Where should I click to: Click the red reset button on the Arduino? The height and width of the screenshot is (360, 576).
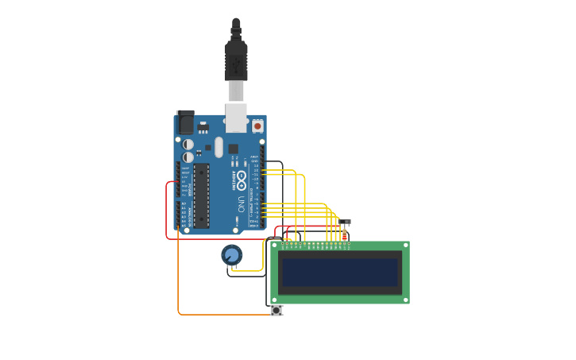[x=257, y=126]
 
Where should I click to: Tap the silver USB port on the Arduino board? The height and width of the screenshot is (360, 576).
[x=236, y=118]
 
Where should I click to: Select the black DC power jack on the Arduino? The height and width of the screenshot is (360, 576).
[x=185, y=122]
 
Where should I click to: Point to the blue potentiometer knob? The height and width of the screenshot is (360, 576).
[x=231, y=255]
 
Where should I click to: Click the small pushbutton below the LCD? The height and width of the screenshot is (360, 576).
[x=276, y=311]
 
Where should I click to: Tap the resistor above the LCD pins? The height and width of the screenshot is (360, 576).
[x=345, y=234]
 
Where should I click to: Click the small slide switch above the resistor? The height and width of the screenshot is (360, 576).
[x=345, y=222]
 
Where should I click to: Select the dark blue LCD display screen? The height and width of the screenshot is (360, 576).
[x=340, y=273]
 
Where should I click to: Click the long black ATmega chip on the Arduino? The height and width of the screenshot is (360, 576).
[x=202, y=195]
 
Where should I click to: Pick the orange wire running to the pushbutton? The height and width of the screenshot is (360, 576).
[x=222, y=315]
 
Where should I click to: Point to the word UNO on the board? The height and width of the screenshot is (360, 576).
[x=240, y=203]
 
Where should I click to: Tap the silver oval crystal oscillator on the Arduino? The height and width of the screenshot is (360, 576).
[x=218, y=147]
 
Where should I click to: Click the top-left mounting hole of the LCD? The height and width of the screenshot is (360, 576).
[x=274, y=246]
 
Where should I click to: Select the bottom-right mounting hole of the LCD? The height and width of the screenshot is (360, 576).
[x=406, y=300]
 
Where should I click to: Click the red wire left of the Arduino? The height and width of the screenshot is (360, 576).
[x=166, y=211]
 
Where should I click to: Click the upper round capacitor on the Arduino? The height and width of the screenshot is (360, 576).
[x=188, y=145]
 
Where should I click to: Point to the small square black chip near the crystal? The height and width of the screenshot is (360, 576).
[x=233, y=149]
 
